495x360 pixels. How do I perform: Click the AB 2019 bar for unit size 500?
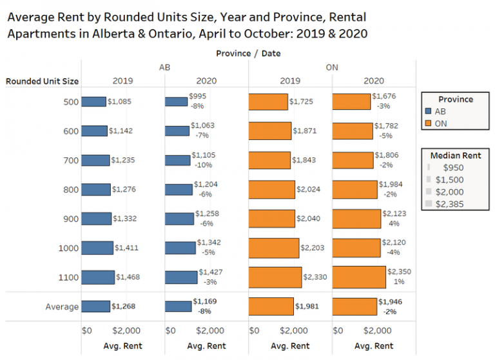(x=93, y=101)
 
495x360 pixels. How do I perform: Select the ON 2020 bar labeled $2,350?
(x=358, y=277)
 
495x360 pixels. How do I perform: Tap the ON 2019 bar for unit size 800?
(x=271, y=190)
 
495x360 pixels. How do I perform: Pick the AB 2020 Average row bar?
(x=178, y=306)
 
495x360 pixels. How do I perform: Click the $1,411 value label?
(x=127, y=248)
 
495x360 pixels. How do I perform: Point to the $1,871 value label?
(x=306, y=131)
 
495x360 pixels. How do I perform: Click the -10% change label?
(x=200, y=165)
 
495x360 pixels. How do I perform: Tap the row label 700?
(x=72, y=160)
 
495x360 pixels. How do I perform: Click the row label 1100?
(x=69, y=277)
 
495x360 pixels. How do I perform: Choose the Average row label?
(x=62, y=307)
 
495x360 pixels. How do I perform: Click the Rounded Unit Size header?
(x=42, y=81)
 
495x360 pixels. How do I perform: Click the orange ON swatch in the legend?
(x=428, y=123)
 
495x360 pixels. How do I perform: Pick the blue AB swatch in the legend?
(x=428, y=112)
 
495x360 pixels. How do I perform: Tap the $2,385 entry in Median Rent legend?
(x=450, y=205)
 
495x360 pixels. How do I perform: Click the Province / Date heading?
(x=248, y=53)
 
